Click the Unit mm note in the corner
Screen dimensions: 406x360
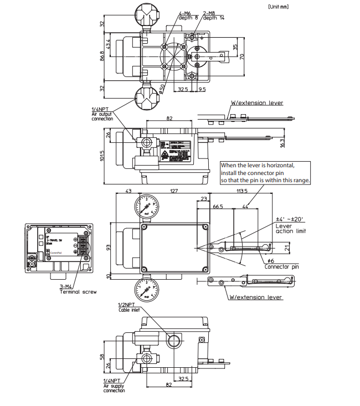click(277, 7)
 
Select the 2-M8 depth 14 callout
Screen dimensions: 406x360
click(214, 15)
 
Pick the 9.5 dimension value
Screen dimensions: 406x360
click(202, 89)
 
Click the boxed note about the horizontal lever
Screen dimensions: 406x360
click(266, 173)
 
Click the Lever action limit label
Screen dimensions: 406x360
click(291, 228)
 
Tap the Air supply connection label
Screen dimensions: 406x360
click(114, 386)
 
